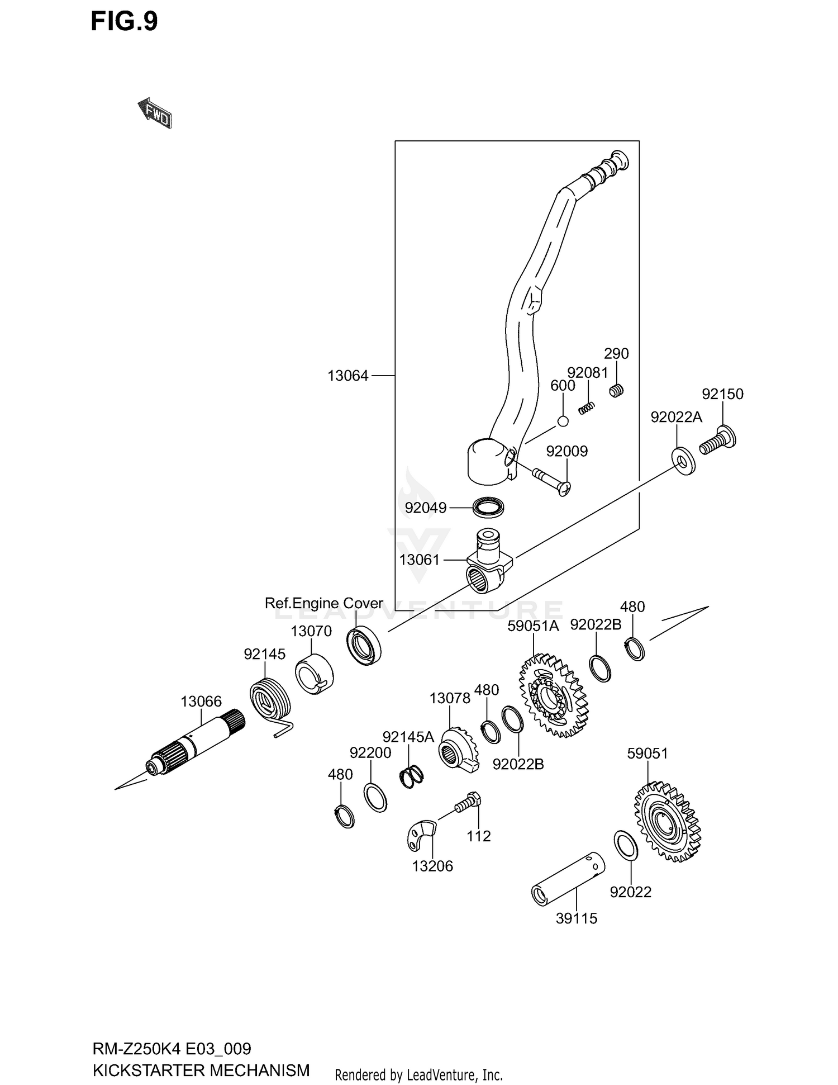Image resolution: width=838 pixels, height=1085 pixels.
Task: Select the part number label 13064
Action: point(348,376)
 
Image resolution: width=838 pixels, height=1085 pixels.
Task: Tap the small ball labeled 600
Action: point(563,421)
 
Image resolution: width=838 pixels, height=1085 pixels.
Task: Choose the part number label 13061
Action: point(420,560)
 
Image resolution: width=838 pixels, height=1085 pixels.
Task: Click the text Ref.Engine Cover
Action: point(323,603)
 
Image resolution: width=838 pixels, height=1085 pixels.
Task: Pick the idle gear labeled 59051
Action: point(667,821)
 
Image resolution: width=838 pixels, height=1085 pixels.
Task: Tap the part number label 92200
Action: point(370,753)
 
